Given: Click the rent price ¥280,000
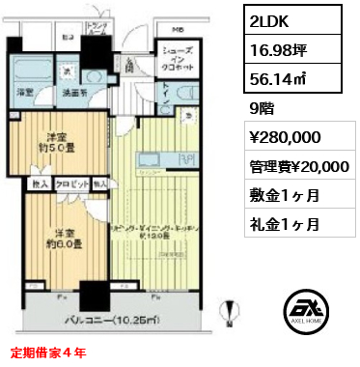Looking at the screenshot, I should pyautogui.click(x=281, y=139).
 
